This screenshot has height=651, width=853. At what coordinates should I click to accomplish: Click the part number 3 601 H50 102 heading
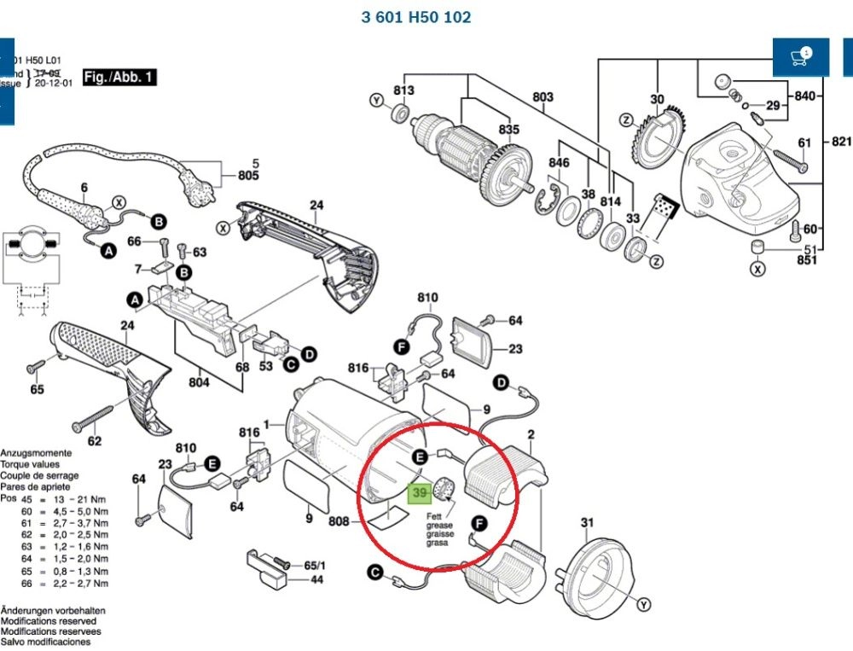[x=415, y=17]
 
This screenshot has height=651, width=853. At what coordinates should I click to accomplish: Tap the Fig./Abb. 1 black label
[x=119, y=78]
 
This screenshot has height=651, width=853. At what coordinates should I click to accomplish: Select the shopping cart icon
[x=800, y=57]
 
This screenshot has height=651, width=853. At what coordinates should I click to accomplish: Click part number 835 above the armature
[x=509, y=129]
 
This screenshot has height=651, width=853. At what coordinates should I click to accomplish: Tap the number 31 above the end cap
[x=586, y=523]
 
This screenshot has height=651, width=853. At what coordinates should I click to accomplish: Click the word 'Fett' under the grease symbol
[x=434, y=516]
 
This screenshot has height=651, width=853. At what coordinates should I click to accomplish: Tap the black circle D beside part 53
[x=310, y=353]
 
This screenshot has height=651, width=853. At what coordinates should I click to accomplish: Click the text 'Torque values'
[x=29, y=465]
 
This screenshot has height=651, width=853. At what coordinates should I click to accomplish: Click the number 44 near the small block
[x=316, y=579]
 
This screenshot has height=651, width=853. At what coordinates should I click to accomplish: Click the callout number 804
[x=199, y=382]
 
